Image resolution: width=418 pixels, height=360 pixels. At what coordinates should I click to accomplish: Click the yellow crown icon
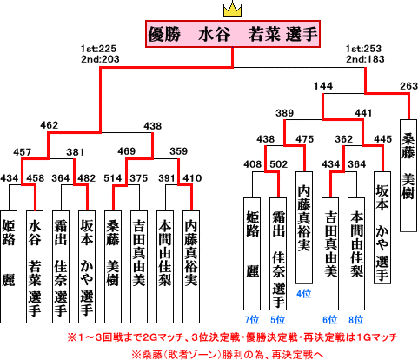[x=232, y=10]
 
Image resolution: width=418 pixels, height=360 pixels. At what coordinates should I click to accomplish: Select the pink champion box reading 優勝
[x=233, y=34]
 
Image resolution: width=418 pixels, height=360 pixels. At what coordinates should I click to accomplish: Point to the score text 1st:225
[x=98, y=49]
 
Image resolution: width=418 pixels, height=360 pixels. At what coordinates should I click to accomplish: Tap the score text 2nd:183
[x=365, y=59]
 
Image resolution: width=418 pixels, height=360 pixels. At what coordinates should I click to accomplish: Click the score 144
[x=323, y=86]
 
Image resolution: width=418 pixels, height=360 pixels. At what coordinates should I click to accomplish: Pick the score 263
[x=408, y=86]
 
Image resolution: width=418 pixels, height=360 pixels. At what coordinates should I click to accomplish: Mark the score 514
[x=113, y=178]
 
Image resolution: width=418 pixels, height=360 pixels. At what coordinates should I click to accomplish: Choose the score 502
[x=278, y=164]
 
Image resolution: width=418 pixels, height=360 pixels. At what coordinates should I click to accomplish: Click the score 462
[x=50, y=125]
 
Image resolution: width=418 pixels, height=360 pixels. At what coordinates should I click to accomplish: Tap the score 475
[x=304, y=139]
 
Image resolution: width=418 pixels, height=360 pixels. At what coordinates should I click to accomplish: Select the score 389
[x=284, y=113]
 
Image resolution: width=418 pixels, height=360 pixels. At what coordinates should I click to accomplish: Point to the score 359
[x=179, y=151]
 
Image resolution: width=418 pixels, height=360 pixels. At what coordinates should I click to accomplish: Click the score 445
[x=382, y=139]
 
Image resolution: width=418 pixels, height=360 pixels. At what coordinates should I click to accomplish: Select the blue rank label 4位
[x=304, y=294]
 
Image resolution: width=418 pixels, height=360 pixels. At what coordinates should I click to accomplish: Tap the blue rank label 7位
[x=252, y=320]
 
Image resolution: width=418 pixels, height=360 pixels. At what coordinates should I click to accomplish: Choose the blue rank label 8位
[x=356, y=320]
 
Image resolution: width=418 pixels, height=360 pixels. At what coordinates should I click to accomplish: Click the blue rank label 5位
[x=278, y=320]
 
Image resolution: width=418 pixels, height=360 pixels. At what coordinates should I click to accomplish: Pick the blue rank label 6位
[x=330, y=320]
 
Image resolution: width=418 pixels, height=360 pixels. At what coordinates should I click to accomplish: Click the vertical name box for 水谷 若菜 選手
[x=35, y=267]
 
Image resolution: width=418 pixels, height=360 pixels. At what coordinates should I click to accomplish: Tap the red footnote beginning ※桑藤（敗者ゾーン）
[x=227, y=354]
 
